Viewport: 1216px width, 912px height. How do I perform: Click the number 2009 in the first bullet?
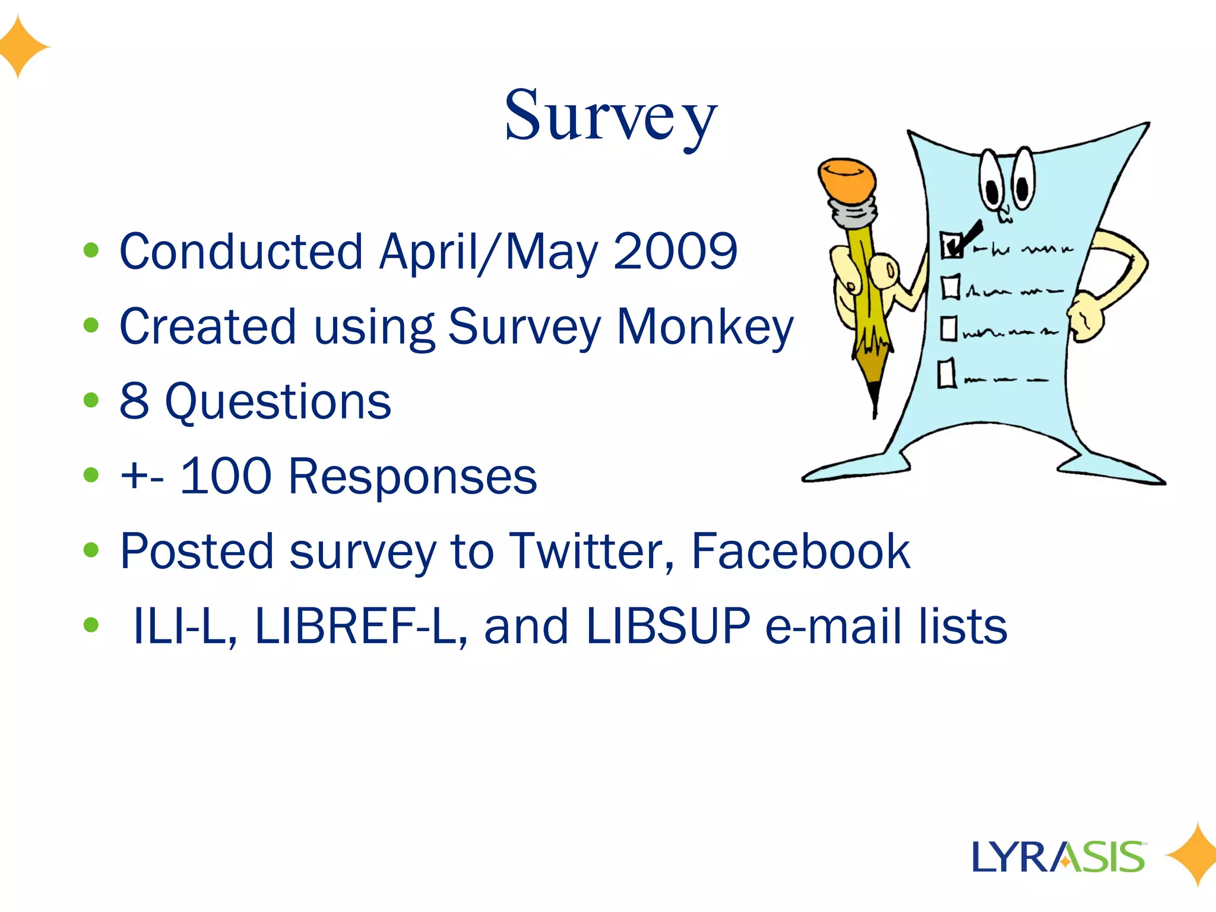675,252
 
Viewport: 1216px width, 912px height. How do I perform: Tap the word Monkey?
705,327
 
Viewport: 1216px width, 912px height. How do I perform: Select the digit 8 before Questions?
134,402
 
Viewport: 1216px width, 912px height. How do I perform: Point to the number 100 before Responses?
226,476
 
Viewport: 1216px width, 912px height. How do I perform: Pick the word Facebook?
800,552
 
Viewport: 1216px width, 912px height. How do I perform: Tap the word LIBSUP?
667,626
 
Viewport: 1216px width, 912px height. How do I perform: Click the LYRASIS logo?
1058,857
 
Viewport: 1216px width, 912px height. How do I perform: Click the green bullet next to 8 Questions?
91,401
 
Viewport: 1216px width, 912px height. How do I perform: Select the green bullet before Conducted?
91,251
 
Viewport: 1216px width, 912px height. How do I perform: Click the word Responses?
413,476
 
